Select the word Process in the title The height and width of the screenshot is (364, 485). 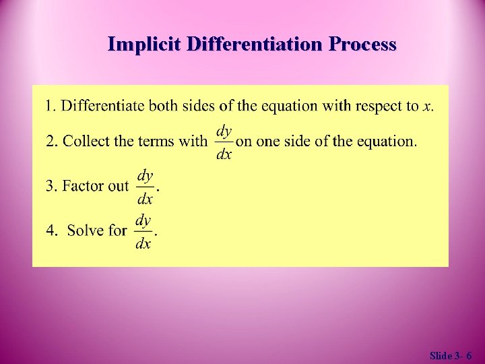(362, 44)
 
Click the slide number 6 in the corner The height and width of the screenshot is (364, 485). (468, 355)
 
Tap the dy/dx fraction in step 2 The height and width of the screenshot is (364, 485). (224, 142)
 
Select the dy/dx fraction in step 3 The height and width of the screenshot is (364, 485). (145, 186)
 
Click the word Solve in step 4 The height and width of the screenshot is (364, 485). (86, 231)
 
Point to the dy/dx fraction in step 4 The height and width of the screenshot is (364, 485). (143, 231)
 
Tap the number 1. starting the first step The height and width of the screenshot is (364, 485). (51, 106)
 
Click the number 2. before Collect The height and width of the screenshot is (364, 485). (52, 142)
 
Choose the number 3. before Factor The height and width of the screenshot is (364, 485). (52, 186)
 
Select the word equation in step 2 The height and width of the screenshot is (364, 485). (386, 142)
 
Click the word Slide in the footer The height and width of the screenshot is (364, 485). (441, 355)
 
